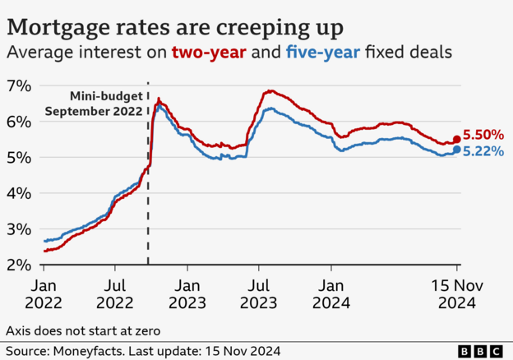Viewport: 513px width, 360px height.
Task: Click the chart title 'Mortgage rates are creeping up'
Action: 174,27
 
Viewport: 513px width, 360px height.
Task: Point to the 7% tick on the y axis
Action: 19,86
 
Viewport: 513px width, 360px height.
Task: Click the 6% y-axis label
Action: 19,122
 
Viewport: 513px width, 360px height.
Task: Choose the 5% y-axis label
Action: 19,158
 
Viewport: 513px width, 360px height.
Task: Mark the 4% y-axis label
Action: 19,193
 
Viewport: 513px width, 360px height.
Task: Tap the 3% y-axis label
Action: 19,229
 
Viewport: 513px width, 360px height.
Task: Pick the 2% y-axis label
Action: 19,265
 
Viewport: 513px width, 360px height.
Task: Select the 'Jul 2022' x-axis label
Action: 116,293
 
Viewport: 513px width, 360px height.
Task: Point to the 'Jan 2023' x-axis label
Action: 188,293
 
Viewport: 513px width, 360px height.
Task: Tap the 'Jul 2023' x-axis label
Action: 259,293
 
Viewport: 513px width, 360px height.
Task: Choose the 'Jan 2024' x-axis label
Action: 332,293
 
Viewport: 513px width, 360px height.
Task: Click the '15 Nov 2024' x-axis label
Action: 457,293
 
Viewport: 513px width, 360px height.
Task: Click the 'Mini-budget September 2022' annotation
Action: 93,104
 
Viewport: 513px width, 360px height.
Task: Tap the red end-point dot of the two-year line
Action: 457,140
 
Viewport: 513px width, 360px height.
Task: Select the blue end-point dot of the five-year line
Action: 457,150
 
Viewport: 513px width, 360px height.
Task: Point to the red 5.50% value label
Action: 483,135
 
